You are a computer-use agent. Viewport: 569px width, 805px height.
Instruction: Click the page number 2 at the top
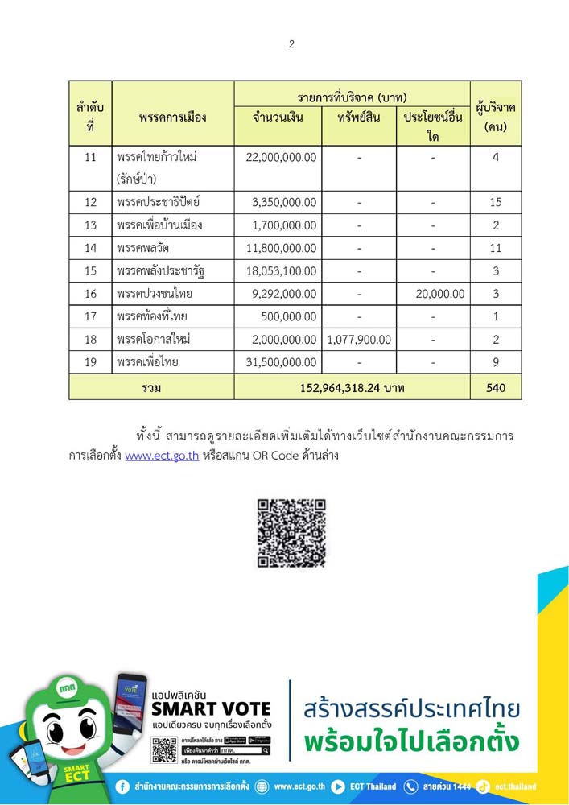[x=291, y=44]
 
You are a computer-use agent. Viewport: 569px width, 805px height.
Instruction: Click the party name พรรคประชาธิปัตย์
[x=158, y=202]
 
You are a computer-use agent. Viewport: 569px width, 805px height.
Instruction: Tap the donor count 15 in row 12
[x=496, y=202]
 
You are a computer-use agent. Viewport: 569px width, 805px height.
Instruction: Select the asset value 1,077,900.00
[x=359, y=340]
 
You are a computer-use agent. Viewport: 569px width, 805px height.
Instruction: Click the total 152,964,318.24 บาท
[x=352, y=388]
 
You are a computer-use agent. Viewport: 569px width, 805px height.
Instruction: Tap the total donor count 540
[x=496, y=388]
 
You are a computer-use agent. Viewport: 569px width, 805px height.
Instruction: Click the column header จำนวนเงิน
[x=278, y=118]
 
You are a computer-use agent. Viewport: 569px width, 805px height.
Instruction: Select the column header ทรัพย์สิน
[x=359, y=118]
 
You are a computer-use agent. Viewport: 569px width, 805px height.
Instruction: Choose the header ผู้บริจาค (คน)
[x=496, y=117]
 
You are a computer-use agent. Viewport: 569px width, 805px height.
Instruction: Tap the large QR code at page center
[x=291, y=533]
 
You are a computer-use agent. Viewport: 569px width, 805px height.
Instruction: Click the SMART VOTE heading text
[x=211, y=708]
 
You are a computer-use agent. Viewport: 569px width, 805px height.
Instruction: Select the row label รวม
[x=151, y=388]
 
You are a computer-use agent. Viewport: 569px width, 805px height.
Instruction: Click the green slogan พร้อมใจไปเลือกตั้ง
[x=411, y=742]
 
